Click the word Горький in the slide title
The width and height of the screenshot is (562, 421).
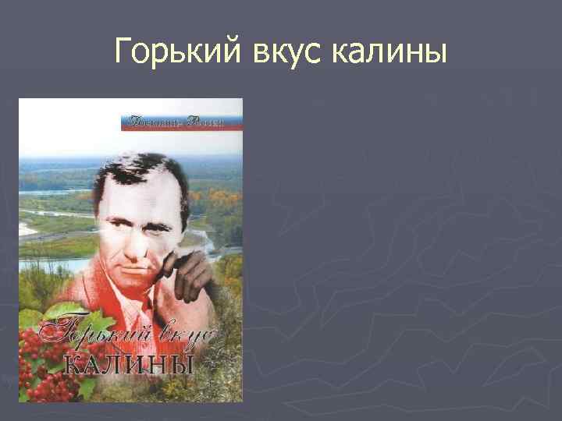point(177,52)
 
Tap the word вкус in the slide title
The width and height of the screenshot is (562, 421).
point(288,52)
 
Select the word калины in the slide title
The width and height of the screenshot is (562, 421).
point(389,52)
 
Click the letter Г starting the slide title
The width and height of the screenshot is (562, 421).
point(123,52)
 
